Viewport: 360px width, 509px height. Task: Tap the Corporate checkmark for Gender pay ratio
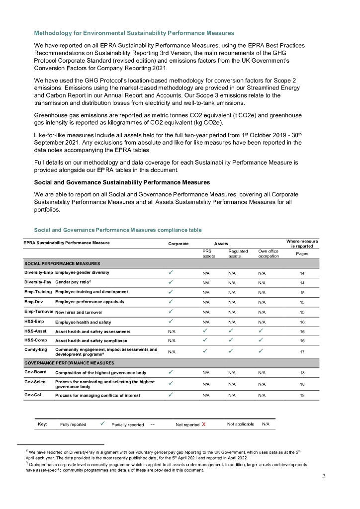pos(171,282)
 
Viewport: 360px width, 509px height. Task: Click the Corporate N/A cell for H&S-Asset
pos(172,331)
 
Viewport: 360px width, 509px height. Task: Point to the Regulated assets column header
pos(238,254)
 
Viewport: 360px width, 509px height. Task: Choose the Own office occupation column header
pos(269,254)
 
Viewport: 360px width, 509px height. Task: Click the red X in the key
pos(204,424)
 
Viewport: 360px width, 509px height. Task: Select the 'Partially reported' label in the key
pos(127,424)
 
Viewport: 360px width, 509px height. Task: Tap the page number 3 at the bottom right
pos(324,477)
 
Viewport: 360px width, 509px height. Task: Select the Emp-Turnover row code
pos(39,311)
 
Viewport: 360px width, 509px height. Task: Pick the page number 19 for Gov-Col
pos(302,395)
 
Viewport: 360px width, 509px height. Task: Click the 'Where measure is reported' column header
pos(302,244)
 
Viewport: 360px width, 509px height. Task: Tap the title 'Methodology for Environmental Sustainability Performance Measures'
pos(134,33)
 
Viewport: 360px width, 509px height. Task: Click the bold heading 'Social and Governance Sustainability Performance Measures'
pos(122,182)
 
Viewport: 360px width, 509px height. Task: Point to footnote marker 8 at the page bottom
pos(27,450)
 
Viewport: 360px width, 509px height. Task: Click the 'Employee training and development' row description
pos(91,292)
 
